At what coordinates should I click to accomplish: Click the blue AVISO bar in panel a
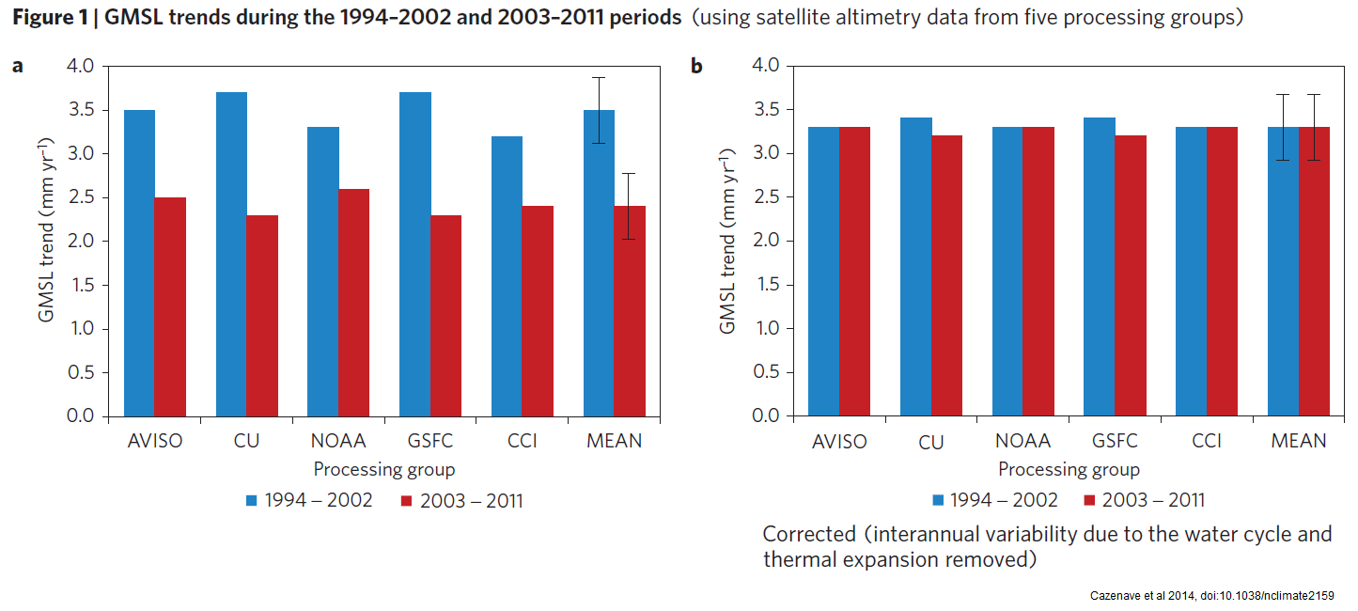(x=139, y=263)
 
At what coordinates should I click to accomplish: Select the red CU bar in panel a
(x=262, y=316)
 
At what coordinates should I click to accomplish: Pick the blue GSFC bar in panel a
(x=415, y=254)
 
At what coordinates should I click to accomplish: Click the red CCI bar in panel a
(x=539, y=311)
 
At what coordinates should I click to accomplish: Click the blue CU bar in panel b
(x=916, y=267)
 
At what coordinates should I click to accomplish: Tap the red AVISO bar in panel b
(x=855, y=272)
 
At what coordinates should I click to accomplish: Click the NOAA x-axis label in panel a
(x=338, y=441)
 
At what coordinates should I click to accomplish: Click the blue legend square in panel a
(x=251, y=500)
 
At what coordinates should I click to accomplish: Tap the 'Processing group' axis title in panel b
(x=1069, y=469)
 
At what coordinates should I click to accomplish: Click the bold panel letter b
(x=696, y=66)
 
